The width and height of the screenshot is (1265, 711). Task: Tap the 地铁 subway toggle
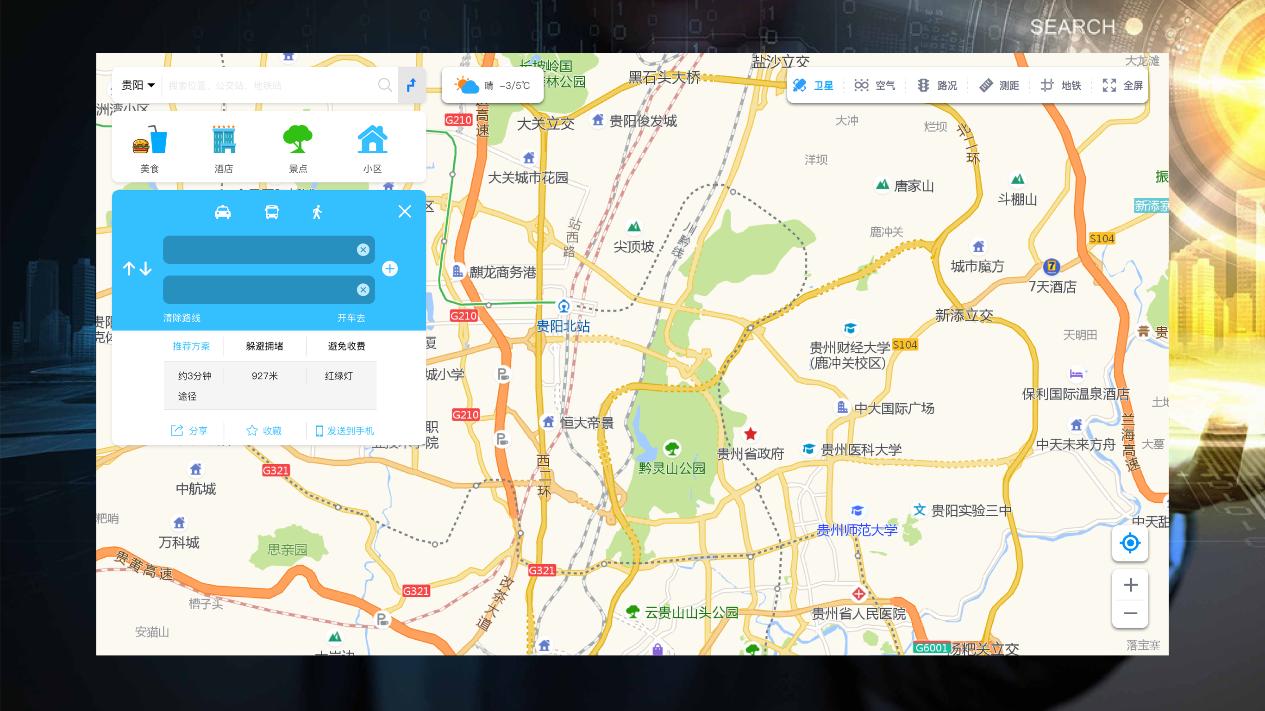point(1061,86)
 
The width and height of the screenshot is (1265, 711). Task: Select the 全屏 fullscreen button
point(1123,86)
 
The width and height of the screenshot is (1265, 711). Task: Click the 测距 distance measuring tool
point(999,86)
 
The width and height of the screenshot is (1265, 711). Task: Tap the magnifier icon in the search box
point(384,86)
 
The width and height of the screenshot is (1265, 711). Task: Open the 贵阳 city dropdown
point(138,86)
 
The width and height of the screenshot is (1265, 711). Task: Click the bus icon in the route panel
point(271,212)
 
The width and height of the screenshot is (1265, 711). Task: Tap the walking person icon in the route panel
point(317,212)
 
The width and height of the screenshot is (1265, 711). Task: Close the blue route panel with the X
point(405,212)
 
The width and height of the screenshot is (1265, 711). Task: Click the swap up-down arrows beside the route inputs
point(137,268)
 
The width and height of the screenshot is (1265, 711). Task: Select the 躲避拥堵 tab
point(264,346)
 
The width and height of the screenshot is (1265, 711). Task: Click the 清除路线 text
point(182,318)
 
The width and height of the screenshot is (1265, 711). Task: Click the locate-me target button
point(1130,543)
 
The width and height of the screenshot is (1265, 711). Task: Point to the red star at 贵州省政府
point(751,434)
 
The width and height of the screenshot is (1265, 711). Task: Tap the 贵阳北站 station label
point(563,326)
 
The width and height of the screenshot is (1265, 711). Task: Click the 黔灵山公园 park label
point(671,468)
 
